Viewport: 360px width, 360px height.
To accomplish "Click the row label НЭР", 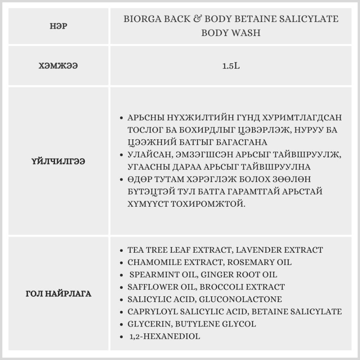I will point(59,26).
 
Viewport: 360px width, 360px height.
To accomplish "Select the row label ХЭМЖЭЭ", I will point(59,66).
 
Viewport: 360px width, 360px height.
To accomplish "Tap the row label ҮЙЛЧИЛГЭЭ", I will point(59,162).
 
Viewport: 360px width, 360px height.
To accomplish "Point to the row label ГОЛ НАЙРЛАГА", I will point(59,294).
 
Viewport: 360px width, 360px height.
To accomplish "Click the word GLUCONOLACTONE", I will point(240,299).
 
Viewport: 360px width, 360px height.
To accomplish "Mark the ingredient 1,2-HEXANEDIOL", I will point(165,337).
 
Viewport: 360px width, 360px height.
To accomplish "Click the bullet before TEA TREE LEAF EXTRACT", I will point(121,250).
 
